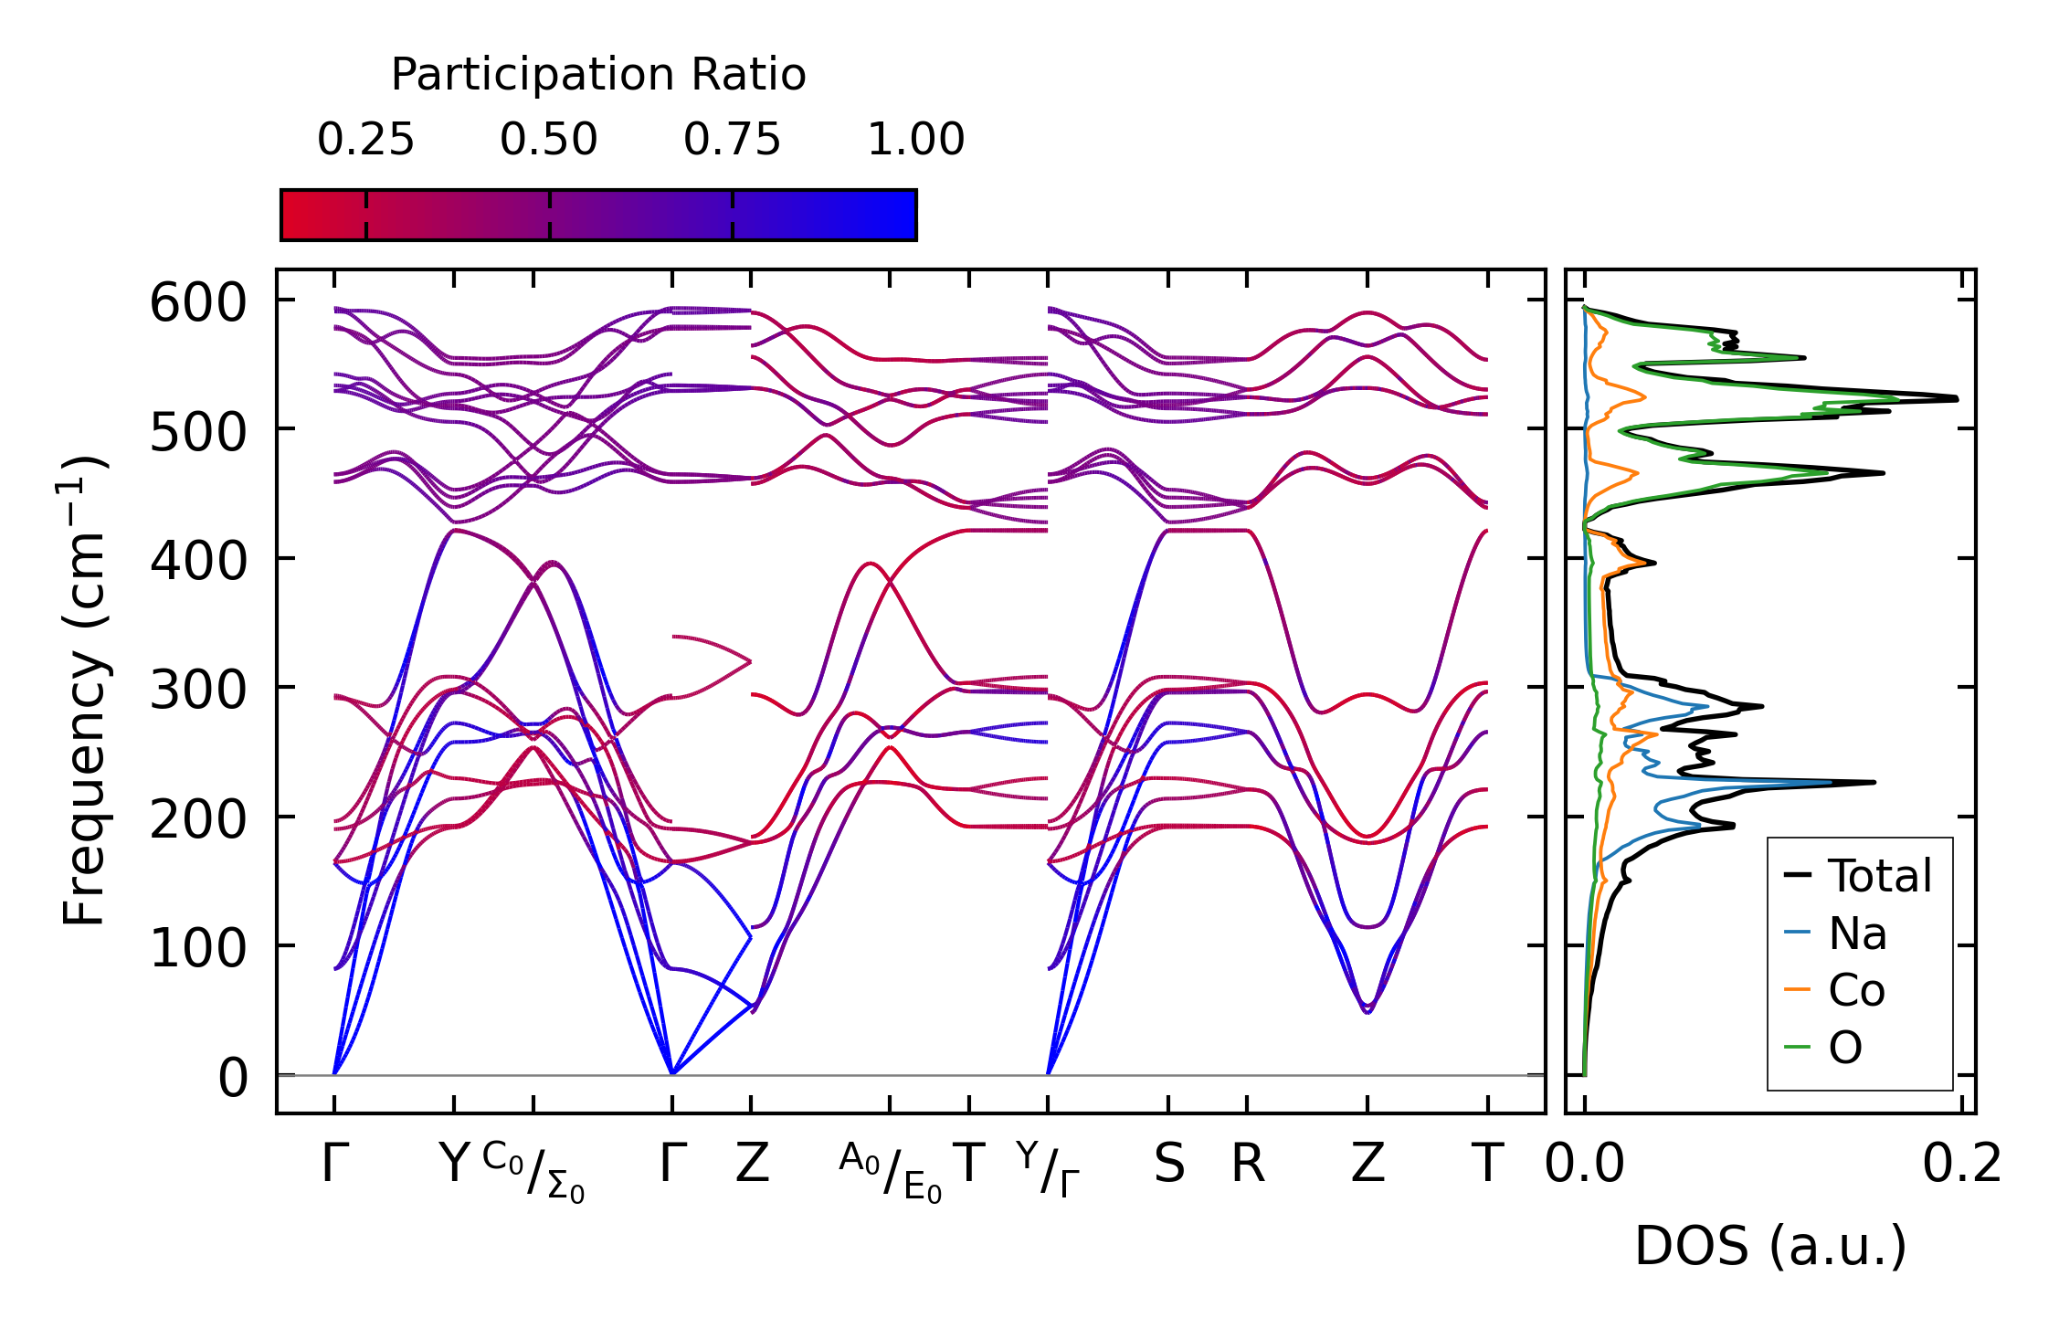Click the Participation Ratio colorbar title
point(598,75)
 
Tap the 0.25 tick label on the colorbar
point(365,140)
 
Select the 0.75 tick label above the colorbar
point(732,140)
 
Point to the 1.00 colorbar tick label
point(915,140)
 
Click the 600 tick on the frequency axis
point(198,302)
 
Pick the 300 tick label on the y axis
point(198,690)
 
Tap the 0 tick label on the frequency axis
point(233,1078)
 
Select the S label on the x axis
point(1168,1165)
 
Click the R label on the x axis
point(1248,1165)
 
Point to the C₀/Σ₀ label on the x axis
point(533,1171)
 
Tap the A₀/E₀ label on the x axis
point(890,1171)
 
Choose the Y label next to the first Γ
point(454,1165)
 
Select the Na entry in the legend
point(1857,933)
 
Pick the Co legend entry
point(1856,990)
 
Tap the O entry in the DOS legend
point(1844,1047)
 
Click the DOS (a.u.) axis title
point(1770,1246)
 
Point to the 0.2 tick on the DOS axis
point(1961,1165)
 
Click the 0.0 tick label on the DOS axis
point(1585,1165)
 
